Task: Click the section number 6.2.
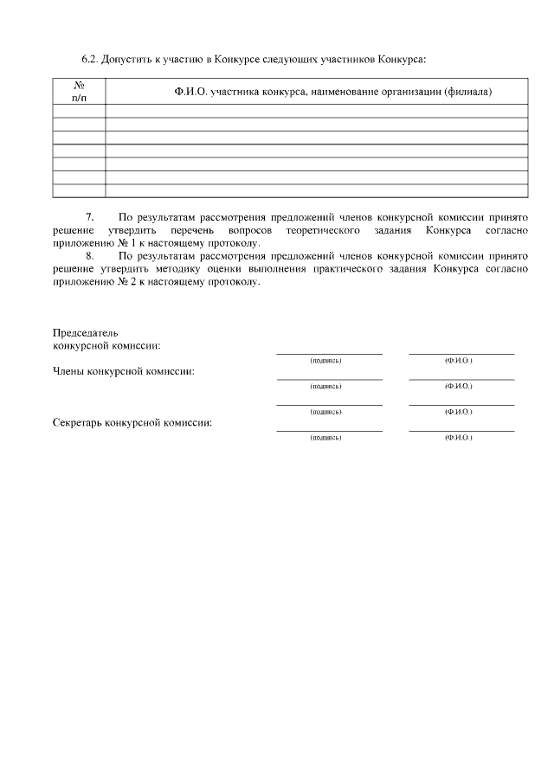[90, 60]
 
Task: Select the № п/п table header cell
[79, 92]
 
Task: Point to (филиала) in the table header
[467, 92]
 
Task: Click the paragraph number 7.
[89, 218]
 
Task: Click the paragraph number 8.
[89, 256]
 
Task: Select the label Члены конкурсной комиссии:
[123, 372]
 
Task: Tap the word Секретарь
[77, 424]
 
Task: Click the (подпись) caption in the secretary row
[325, 439]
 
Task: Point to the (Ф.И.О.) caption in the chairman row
[458, 360]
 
